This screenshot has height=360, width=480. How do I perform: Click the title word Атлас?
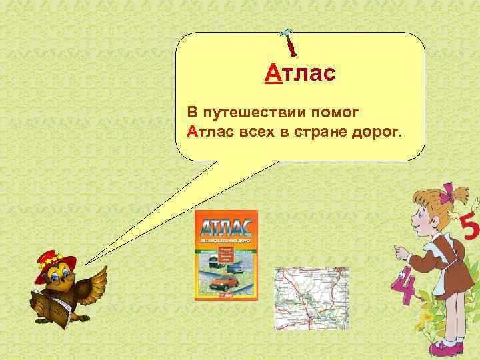299,72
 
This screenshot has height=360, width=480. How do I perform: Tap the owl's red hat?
56,257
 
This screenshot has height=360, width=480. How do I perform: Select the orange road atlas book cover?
225,255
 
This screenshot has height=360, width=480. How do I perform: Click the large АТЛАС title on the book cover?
225,223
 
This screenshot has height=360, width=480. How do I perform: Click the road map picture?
311,297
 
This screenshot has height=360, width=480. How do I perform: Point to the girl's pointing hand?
401,253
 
